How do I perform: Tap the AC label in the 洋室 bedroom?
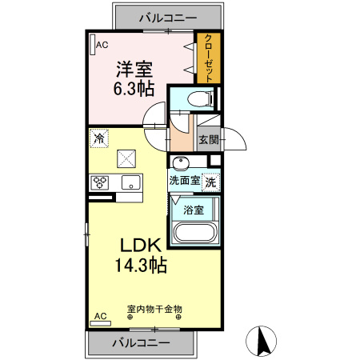[102, 45]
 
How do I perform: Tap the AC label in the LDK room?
[100, 316]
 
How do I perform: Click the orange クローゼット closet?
[207, 58]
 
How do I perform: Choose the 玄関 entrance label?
[208, 139]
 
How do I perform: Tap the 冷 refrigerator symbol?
[100, 138]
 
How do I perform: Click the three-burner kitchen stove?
[101, 182]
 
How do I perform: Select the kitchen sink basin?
[130, 183]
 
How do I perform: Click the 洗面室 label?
[183, 181]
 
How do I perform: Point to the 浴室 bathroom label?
[193, 210]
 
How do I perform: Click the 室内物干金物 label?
[154, 308]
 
